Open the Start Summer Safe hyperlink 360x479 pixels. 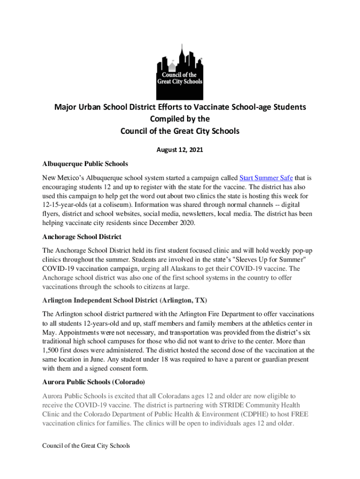266,178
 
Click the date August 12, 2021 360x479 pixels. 180,151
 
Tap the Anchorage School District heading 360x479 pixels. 82,237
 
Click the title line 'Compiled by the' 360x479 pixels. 180,119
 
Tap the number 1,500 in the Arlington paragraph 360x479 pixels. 51,350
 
